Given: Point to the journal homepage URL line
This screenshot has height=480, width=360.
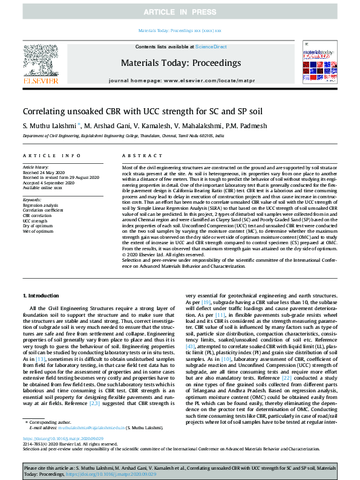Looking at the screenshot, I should (180, 80).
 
